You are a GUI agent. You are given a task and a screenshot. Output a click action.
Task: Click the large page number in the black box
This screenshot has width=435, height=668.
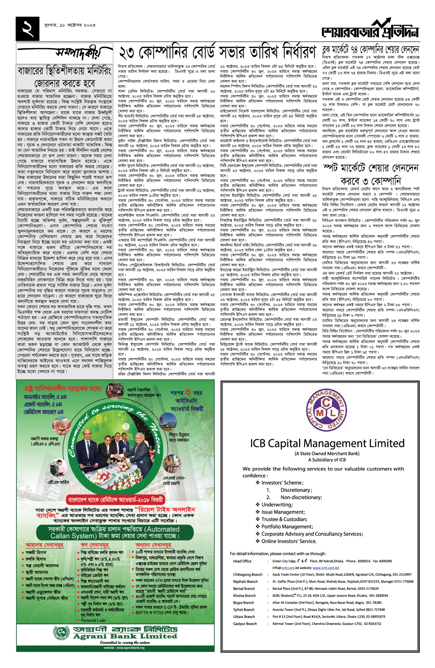tap(28, 28)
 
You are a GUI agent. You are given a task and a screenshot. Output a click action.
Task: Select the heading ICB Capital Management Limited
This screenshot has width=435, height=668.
tap(327, 443)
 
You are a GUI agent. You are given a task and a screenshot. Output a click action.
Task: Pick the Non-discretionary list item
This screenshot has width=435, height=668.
tap(301, 497)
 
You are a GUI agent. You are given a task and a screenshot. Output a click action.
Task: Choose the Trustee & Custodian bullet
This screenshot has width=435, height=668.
tap(284, 519)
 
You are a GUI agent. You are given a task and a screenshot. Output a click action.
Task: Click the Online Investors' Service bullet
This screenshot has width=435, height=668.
tap(289, 541)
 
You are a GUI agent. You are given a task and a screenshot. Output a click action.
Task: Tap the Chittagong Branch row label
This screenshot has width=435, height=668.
tap(248, 574)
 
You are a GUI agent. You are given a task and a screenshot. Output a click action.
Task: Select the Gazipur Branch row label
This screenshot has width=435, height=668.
tap(245, 624)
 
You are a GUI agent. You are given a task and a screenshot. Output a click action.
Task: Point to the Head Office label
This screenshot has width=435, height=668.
tap(242, 561)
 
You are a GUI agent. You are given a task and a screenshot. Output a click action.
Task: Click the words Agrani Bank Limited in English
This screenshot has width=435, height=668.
tap(125, 636)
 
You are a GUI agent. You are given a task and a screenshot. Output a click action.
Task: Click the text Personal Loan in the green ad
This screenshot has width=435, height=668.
tap(93, 620)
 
